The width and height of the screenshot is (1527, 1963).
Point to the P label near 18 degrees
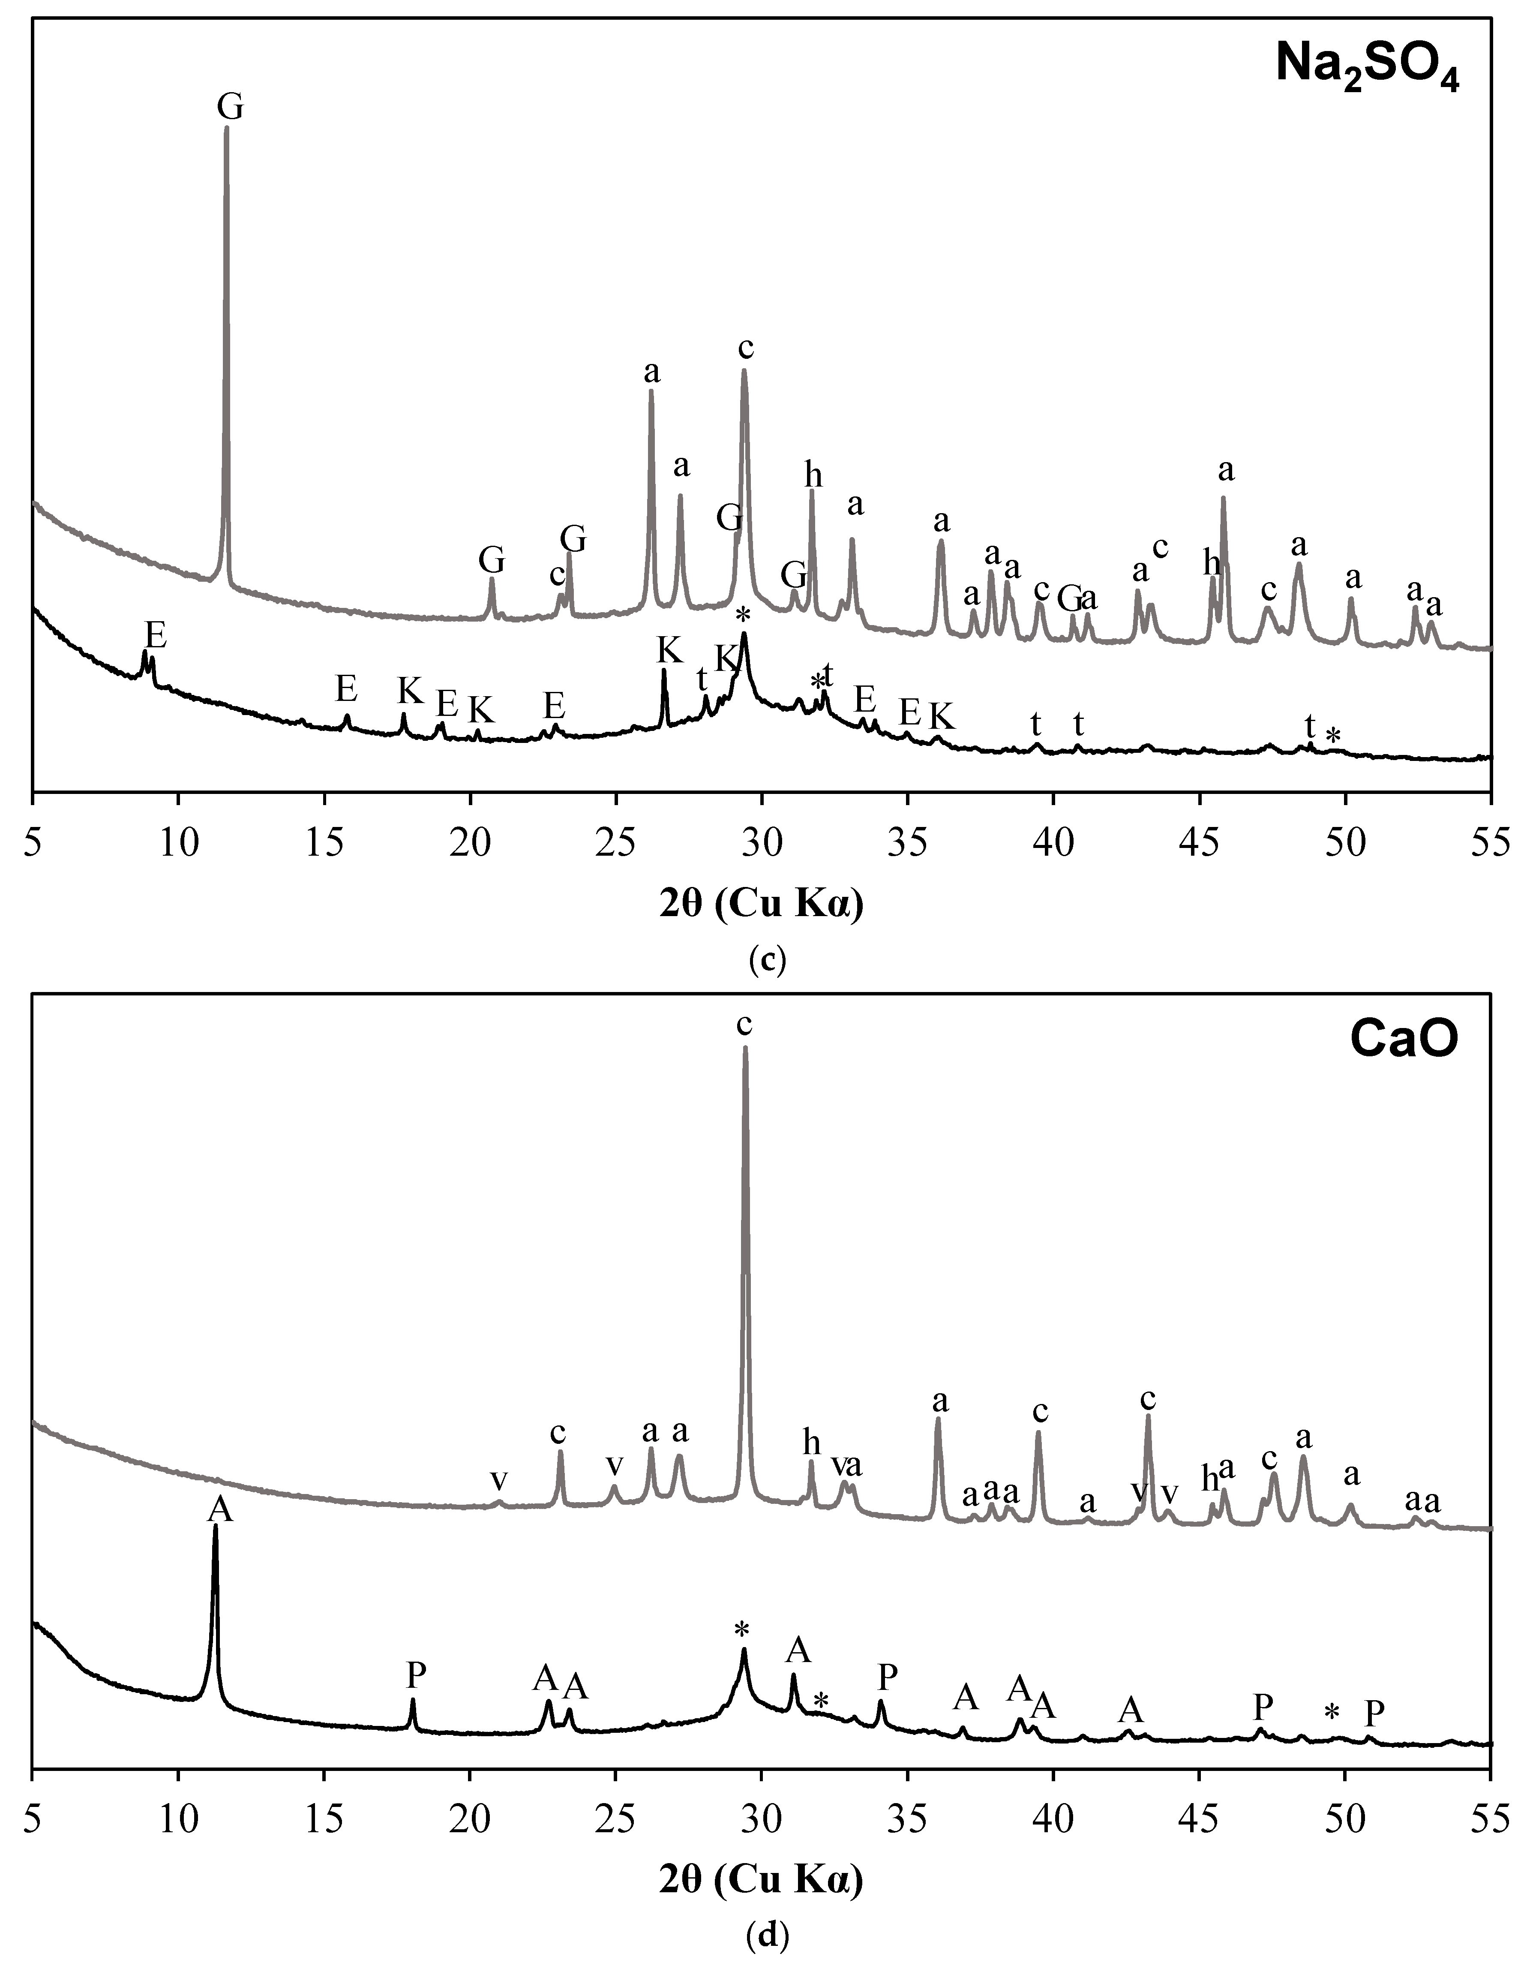click(415, 1674)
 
